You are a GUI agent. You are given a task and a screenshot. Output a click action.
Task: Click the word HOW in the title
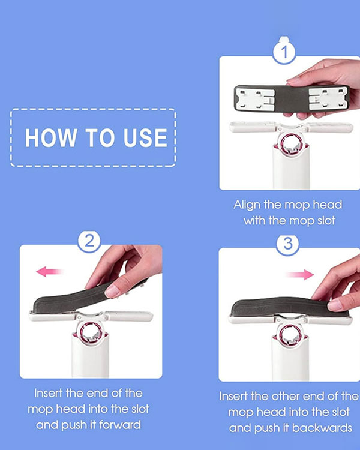click(x=51, y=138)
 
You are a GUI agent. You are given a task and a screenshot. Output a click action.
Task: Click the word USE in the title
click(x=145, y=138)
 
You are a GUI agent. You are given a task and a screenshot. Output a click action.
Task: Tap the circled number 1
click(x=284, y=53)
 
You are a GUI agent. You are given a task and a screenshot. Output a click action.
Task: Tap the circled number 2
click(x=89, y=241)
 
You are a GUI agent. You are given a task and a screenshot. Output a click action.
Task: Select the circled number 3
click(x=287, y=244)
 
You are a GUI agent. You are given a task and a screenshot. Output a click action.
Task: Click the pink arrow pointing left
click(x=49, y=271)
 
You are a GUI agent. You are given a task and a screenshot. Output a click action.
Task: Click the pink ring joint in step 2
click(x=91, y=332)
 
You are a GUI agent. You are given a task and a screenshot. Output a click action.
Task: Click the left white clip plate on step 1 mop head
click(x=255, y=99)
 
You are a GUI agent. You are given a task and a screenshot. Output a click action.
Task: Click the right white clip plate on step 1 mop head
click(x=328, y=99)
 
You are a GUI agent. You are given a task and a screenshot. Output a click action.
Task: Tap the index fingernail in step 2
click(x=112, y=292)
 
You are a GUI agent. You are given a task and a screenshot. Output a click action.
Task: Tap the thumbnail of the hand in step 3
click(x=335, y=305)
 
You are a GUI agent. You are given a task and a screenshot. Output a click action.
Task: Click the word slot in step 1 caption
click(x=326, y=221)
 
